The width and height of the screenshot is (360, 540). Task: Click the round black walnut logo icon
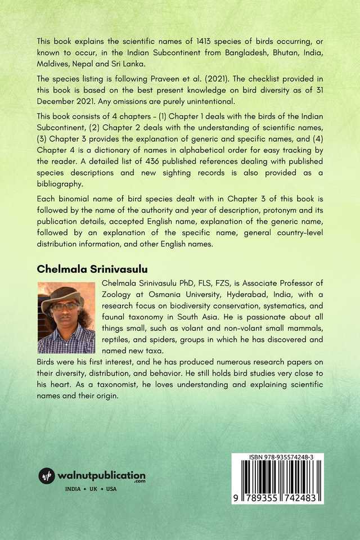pos(47,476)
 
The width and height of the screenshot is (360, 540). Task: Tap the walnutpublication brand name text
pos(101,475)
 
